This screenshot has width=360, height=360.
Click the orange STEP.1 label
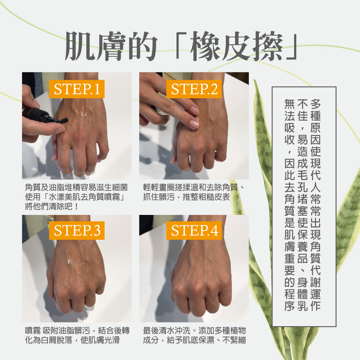[77, 89]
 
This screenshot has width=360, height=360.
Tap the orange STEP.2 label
[194, 89]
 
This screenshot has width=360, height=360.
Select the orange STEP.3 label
[77, 230]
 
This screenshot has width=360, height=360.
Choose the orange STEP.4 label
[194, 230]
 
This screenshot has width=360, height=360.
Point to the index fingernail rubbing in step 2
[194, 125]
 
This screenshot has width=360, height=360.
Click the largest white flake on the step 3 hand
[68, 261]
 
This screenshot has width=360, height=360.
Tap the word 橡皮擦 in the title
[236, 46]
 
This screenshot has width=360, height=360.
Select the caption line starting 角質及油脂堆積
[76, 188]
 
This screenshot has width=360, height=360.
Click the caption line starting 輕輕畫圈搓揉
[193, 188]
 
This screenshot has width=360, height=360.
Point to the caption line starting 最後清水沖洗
[194, 330]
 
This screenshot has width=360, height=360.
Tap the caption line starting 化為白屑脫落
[72, 340]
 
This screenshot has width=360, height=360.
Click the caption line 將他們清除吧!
[51, 206]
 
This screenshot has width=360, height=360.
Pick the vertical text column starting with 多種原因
[315, 205]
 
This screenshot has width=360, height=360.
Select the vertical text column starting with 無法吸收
[289, 205]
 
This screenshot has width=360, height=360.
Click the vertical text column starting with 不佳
[302, 205]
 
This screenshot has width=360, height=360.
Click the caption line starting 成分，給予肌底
[194, 340]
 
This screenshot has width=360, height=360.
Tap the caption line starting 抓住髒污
[186, 197]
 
